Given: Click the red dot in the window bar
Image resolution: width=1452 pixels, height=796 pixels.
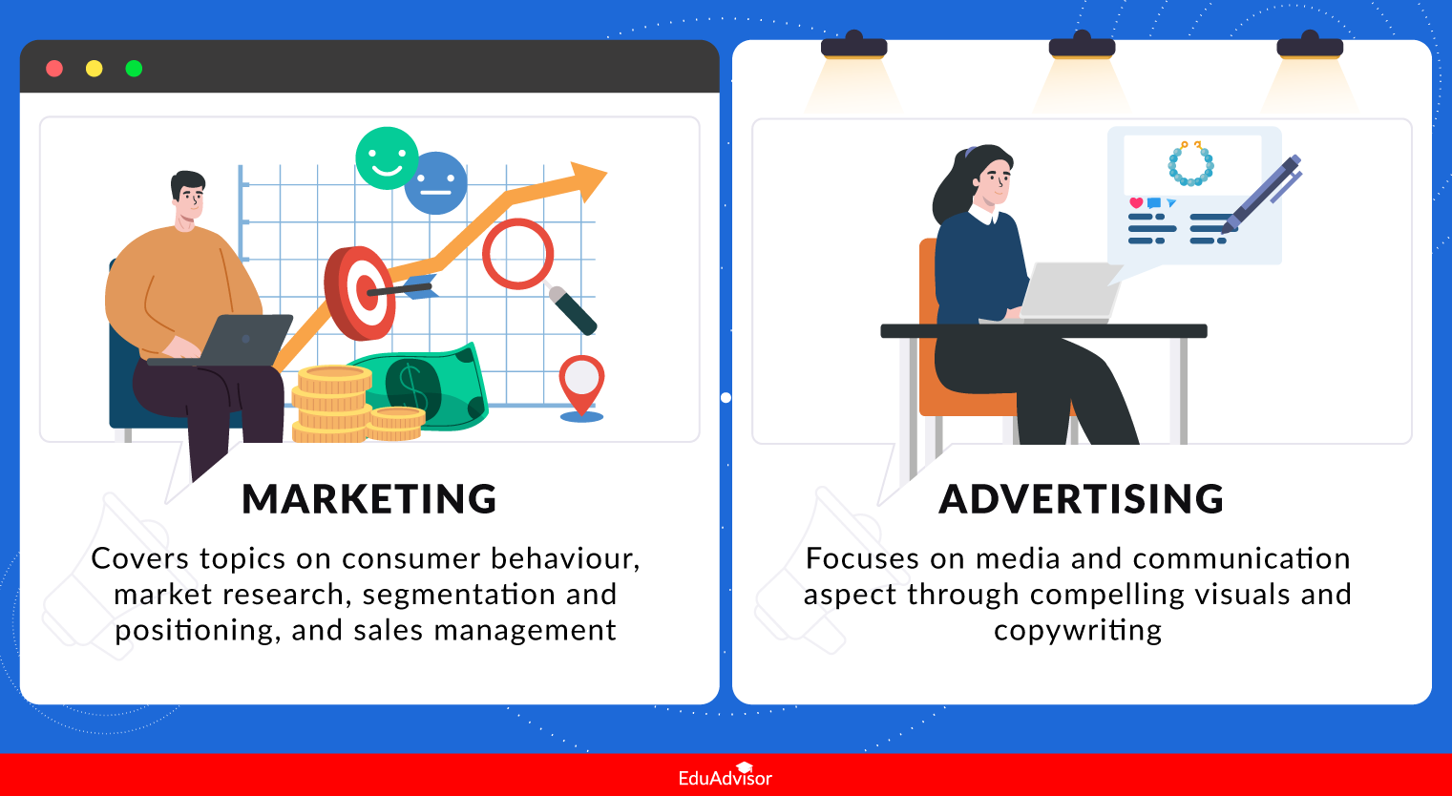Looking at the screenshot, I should (54, 69).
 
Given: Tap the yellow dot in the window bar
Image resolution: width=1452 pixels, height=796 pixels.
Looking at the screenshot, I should (94, 69).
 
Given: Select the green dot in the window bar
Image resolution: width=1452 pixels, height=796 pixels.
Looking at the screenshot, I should (134, 69).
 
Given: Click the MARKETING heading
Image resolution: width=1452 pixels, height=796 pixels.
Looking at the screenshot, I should (369, 499).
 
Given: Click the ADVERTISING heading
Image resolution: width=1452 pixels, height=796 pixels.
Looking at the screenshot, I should (1082, 499).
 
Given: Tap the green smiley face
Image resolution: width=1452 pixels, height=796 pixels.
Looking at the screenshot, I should (387, 157).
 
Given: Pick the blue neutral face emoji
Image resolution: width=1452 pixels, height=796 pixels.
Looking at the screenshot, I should (436, 183).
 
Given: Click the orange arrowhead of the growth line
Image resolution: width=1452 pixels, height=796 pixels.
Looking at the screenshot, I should (587, 179).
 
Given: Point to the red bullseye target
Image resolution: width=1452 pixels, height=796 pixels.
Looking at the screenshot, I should (361, 292).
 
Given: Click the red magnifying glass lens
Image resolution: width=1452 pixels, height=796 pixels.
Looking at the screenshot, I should (517, 254).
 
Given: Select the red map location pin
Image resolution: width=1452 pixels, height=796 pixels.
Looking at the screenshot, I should (581, 382).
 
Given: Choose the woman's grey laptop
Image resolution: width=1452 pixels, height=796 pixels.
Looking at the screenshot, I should (1069, 291).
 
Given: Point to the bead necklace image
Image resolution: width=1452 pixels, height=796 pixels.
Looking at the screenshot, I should (1190, 164).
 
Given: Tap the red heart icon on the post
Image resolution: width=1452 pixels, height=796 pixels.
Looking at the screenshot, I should (1136, 202).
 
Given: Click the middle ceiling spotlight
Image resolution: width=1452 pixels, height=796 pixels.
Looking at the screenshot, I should (1082, 47).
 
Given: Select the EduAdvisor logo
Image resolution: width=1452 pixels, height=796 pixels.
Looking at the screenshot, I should (726, 776).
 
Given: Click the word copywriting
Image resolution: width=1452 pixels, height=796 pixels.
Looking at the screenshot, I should (1078, 631).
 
